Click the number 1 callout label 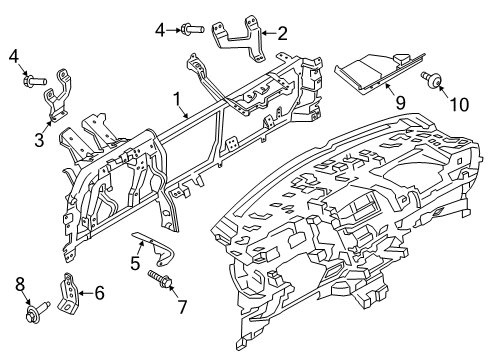178,100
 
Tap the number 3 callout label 39,141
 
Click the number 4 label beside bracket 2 160,30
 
